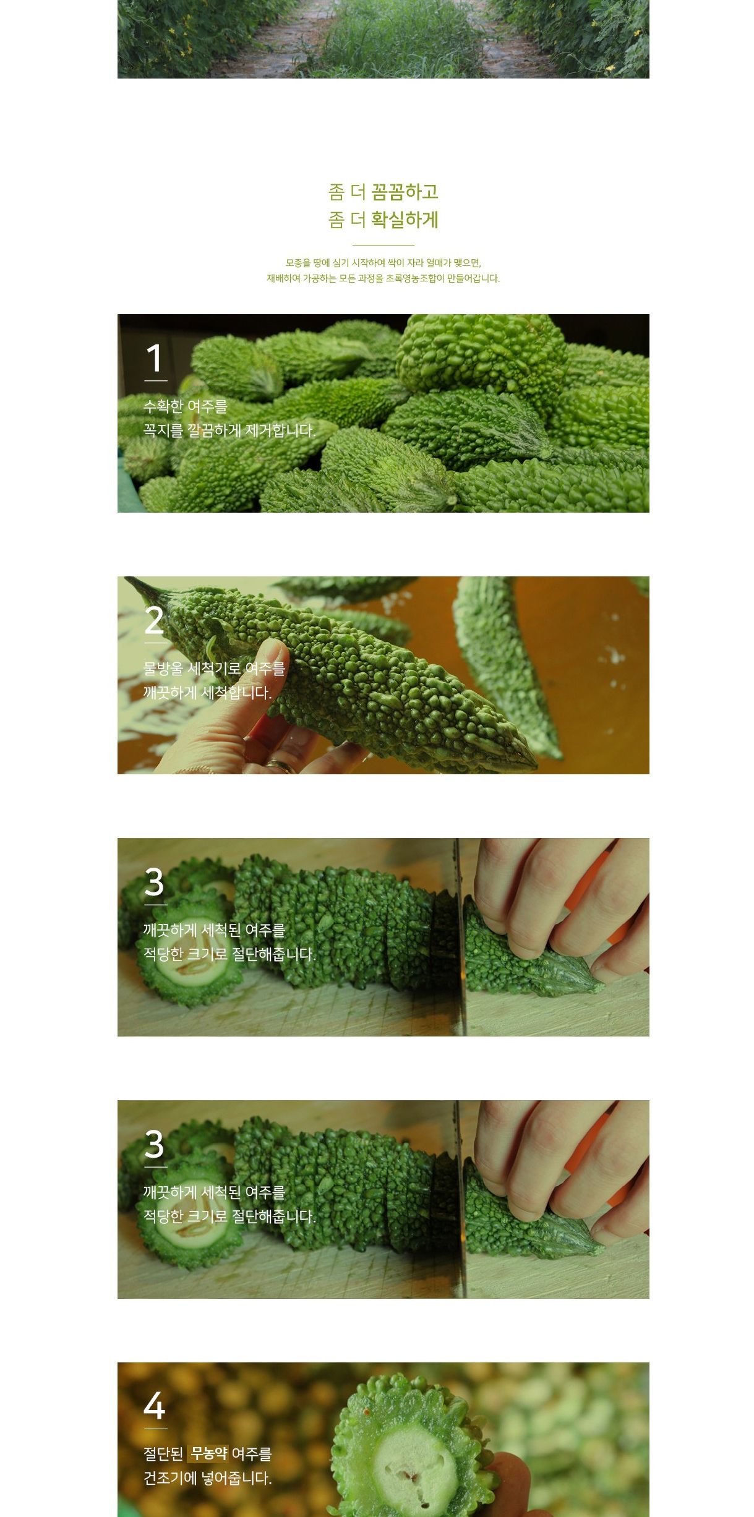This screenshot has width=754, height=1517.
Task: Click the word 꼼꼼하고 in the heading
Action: [x=405, y=192]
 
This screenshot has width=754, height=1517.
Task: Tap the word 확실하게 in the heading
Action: [x=405, y=220]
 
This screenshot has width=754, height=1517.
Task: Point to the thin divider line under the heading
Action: [x=383, y=245]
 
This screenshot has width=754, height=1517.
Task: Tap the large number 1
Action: [x=154, y=358]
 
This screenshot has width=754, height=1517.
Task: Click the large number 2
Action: [x=154, y=620]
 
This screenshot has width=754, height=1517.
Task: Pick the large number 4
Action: [x=155, y=1406]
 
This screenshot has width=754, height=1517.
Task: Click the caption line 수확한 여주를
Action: [x=186, y=406]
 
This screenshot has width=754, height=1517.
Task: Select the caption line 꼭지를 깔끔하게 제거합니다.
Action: [x=229, y=430]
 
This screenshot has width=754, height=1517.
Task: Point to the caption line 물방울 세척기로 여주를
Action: [x=214, y=669]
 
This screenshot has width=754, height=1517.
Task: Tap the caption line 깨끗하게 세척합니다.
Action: [x=207, y=693]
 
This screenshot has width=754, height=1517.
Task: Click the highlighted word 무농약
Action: [x=208, y=1453]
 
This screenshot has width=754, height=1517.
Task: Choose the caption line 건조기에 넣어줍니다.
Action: [x=207, y=1478]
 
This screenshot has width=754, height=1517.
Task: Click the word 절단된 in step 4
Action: [x=163, y=1454]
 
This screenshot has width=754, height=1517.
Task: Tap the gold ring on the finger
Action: [x=281, y=766]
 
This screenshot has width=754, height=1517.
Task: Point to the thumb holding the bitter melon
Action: [x=259, y=674]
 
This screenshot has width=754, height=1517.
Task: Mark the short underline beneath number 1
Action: [x=155, y=381]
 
